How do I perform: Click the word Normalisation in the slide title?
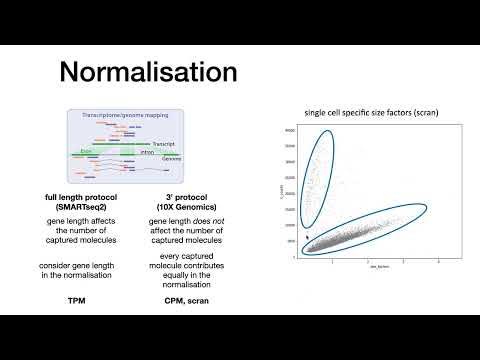pos(148,72)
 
